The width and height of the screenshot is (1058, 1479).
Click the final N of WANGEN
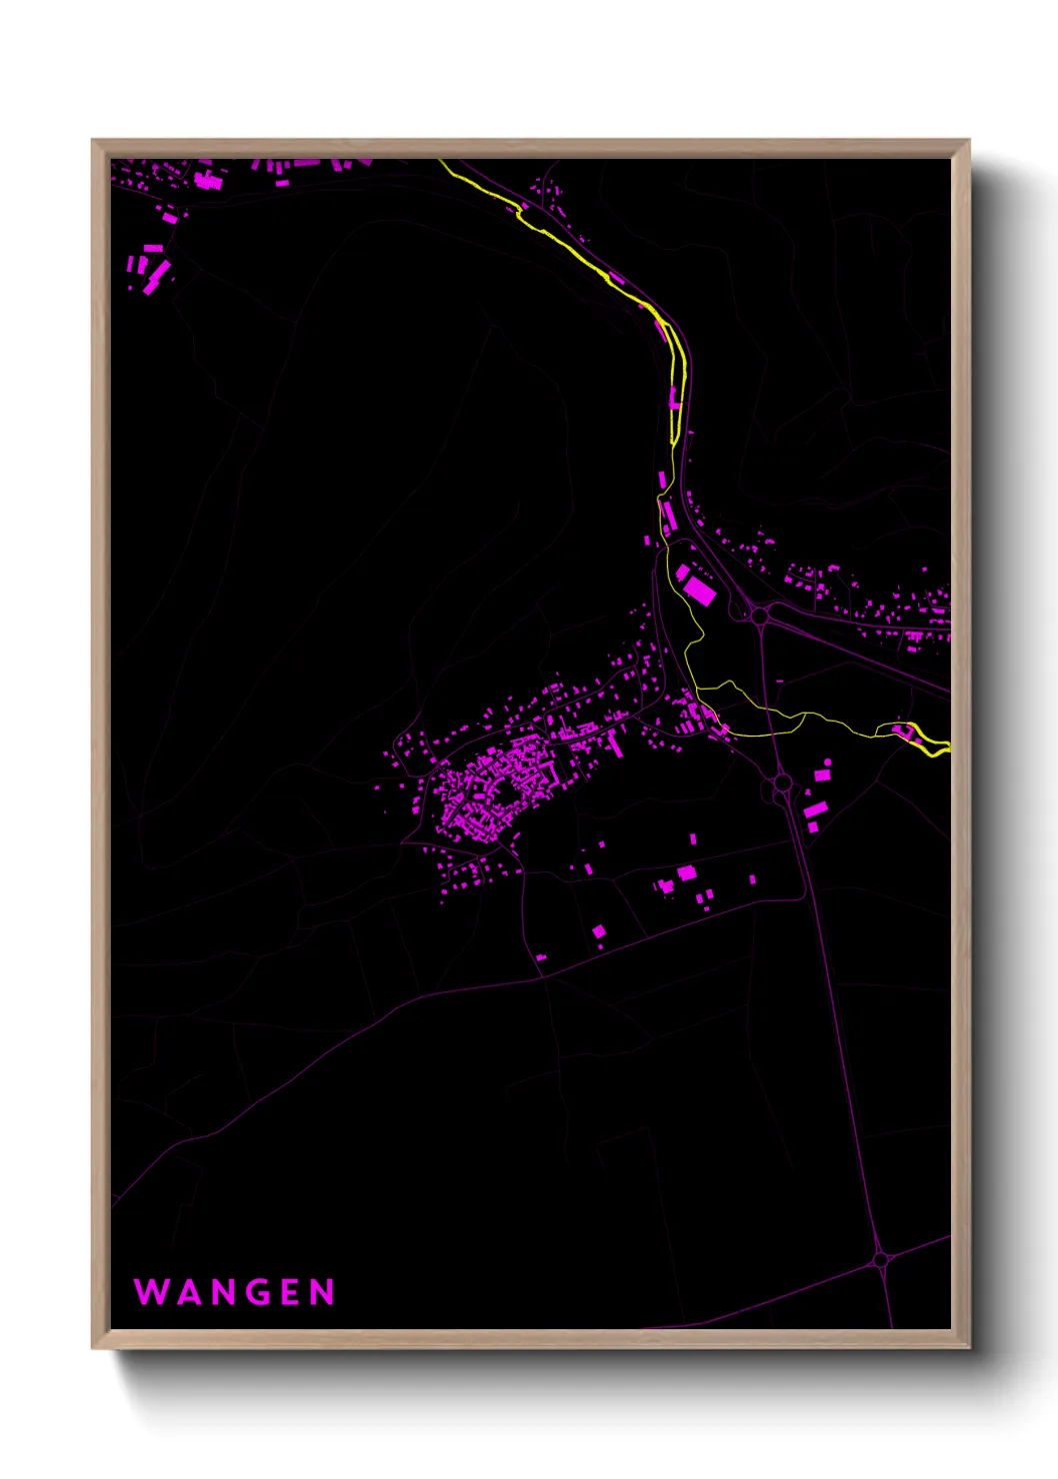point(322,1292)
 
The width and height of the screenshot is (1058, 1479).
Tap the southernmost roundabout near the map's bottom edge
point(880,1259)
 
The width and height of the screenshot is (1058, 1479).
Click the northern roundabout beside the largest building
point(760,616)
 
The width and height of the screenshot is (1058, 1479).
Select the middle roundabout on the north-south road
point(782,782)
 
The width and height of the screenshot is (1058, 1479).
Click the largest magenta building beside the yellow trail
point(699,590)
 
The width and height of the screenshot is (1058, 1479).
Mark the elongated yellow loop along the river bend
point(677,380)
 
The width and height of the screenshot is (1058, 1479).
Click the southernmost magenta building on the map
point(541,957)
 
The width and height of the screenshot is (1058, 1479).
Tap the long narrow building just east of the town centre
point(616,745)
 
